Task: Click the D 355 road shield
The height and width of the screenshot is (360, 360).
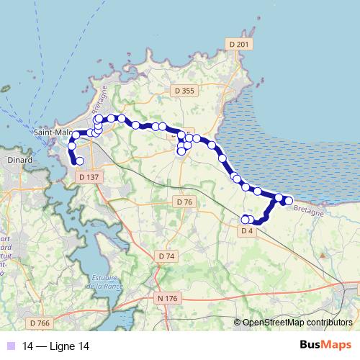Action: click(185, 91)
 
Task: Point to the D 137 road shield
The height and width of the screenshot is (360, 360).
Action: click(90, 176)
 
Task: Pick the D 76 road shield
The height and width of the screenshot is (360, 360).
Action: click(184, 202)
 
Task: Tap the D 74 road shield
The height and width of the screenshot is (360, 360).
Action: click(166, 256)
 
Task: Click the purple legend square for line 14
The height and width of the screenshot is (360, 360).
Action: click(10, 346)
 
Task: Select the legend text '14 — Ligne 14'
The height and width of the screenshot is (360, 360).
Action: click(56, 346)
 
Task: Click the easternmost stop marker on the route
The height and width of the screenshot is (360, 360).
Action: click(289, 200)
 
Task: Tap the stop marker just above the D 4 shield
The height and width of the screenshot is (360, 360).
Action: click(246, 220)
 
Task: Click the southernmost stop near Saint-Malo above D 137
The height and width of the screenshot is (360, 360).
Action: click(80, 161)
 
